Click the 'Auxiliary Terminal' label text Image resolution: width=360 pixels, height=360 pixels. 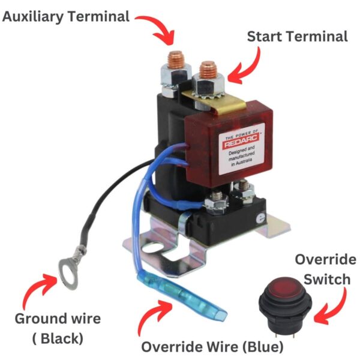coord(66,16)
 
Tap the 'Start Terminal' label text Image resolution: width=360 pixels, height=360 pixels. coord(297,37)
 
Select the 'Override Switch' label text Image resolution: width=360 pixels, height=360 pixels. coord(325,270)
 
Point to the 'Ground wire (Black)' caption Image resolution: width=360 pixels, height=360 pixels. coord(58,328)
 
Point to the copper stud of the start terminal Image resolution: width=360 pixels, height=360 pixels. coord(208,67)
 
